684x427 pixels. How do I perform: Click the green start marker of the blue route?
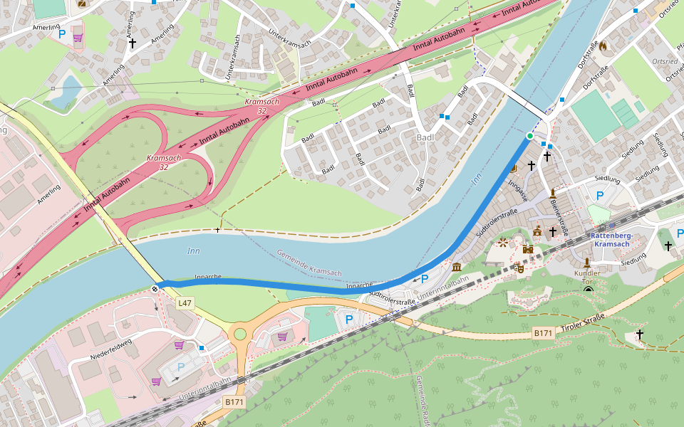(x=529, y=135)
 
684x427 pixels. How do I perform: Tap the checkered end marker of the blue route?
(x=155, y=288)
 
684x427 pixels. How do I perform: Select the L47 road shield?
(x=185, y=303)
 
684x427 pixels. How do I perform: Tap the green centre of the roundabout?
(x=240, y=334)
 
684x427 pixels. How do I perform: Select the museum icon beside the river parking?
(x=456, y=267)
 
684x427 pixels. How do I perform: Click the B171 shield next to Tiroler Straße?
(x=543, y=332)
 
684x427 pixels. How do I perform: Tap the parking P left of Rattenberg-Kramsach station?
(x=599, y=195)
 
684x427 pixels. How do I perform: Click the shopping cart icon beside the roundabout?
(x=283, y=336)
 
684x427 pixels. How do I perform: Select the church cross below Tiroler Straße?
(x=639, y=334)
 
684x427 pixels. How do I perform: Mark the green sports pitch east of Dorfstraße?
(x=595, y=116)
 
